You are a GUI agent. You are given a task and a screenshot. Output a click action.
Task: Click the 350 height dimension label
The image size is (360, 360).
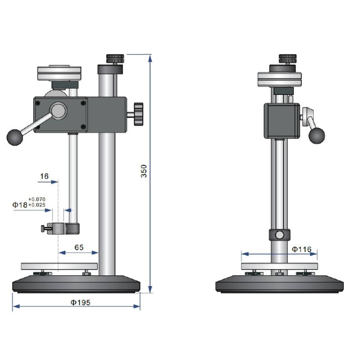coord(144,171)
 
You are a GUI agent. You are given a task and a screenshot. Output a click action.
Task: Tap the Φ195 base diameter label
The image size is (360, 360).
coord(81,302)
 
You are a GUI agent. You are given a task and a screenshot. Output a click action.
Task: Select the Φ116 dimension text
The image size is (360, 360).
coord(301,249)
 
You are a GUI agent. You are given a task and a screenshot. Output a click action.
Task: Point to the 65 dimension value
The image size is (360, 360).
coord(79,247)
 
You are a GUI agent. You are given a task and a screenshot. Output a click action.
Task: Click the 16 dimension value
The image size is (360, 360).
coord(44,176)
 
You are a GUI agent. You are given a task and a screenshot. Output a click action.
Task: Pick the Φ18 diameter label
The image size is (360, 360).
coord(20,205)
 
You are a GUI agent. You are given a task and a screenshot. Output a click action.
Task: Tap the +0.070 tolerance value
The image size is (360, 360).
coord(37,199)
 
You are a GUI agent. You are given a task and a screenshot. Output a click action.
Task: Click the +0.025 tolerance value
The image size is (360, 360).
coord(37,205)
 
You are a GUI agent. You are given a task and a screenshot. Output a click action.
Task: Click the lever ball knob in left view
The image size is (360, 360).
coord(15,137)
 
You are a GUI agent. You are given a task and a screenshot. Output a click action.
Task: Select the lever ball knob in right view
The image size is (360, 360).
coord(317,135)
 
